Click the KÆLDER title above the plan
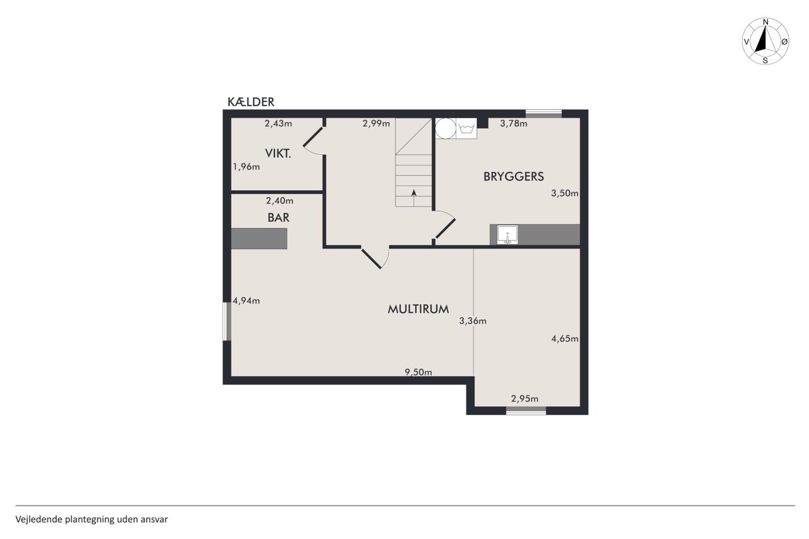tap(251, 102)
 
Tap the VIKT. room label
tap(278, 154)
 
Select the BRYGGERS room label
tap(514, 176)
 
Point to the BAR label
tap(279, 217)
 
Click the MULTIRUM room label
tap(418, 309)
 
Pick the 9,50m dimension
tap(418, 372)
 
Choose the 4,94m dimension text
tap(246, 301)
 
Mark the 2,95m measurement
tap(525, 399)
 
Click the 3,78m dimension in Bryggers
tap(514, 123)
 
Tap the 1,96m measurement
tap(246, 167)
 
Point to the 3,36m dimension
tap(473, 320)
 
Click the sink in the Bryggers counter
tap(508, 234)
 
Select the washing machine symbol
tap(466, 128)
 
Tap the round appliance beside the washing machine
tap(446, 128)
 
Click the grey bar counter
tap(259, 238)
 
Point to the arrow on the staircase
tap(414, 198)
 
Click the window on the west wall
tap(227, 321)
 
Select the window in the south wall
tap(526, 411)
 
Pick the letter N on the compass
tap(765, 22)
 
